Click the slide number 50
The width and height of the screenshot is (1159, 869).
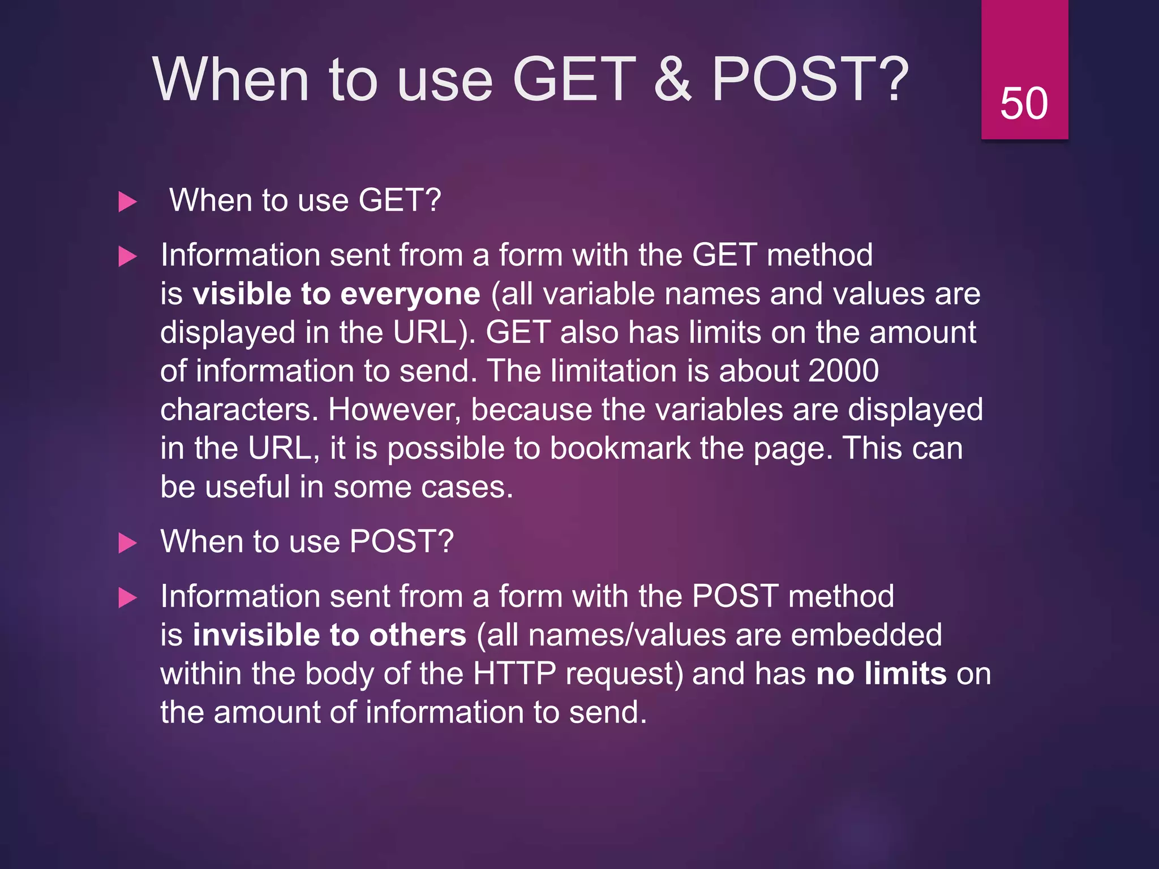1024,104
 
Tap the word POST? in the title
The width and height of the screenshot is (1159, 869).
810,79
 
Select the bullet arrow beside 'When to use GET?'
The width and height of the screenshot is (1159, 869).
128,202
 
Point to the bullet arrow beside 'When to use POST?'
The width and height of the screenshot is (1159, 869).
128,543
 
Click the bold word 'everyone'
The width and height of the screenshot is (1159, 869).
410,294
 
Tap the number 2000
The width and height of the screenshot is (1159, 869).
843,371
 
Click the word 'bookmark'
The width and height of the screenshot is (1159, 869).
620,449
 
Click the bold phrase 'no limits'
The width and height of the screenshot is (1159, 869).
881,674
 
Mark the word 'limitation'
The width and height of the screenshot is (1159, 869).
613,371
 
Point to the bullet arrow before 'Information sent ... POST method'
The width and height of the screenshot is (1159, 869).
128,598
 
